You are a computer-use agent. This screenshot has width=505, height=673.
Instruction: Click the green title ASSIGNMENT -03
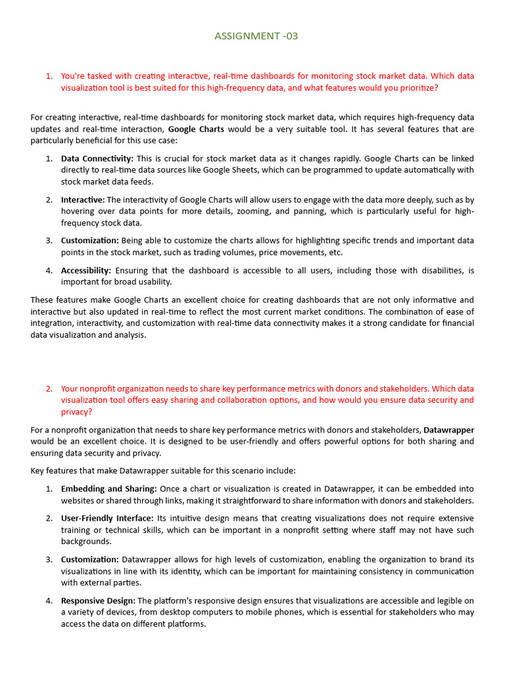(x=256, y=36)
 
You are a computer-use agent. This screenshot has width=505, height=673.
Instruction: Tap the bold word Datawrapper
(x=448, y=430)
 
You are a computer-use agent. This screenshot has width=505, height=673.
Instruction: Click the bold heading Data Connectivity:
(x=97, y=158)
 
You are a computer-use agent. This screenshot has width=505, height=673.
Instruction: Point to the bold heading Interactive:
(x=83, y=199)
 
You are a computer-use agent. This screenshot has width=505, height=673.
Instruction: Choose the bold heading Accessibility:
(x=86, y=270)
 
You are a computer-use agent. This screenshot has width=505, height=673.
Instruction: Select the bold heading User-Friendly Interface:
(x=107, y=518)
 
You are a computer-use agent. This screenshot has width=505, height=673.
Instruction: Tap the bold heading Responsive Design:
(x=98, y=600)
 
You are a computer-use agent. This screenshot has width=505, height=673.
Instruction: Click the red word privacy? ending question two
(x=77, y=411)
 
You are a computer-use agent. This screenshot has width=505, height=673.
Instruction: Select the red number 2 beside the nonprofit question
(x=49, y=388)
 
